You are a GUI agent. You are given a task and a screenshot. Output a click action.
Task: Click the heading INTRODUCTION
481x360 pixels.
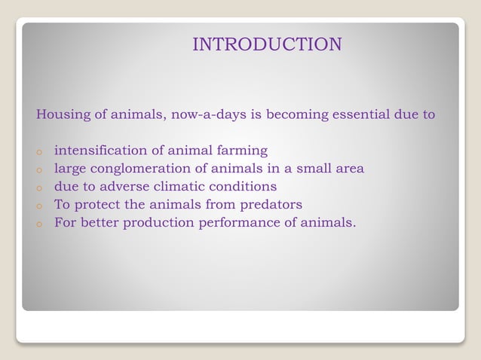click(x=267, y=44)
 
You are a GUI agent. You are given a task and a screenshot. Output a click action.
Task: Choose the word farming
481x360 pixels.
click(x=241, y=151)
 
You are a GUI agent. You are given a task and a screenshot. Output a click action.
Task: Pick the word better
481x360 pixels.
click(x=99, y=222)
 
